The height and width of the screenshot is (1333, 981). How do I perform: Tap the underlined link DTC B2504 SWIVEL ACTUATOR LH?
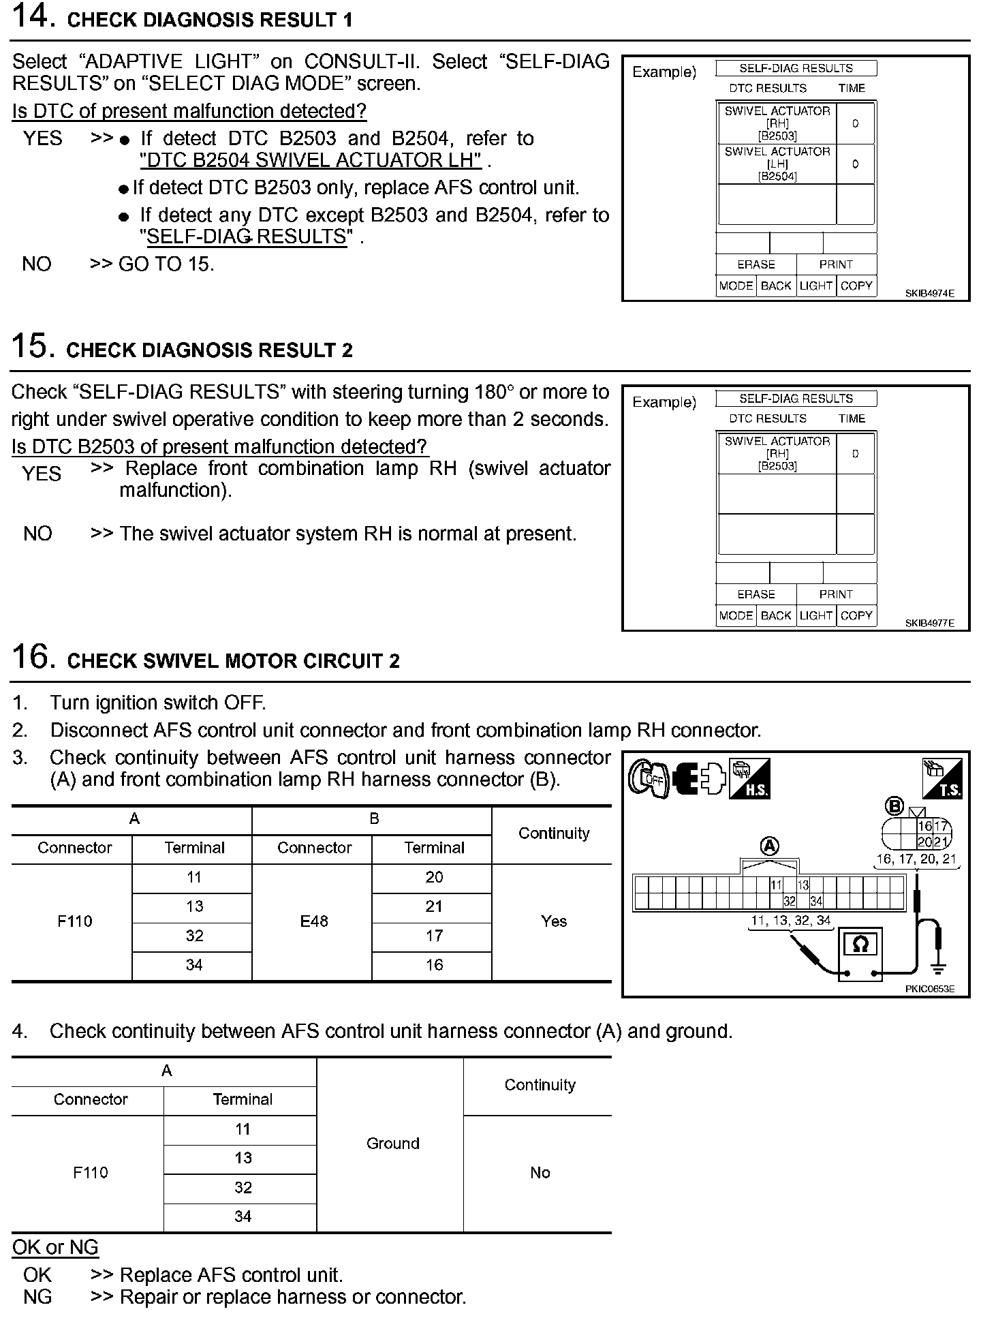(311, 161)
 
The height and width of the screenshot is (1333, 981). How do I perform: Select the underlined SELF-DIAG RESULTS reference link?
(247, 237)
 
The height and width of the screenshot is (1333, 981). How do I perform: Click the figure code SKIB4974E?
(929, 294)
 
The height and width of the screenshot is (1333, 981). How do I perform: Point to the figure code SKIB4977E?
(929, 623)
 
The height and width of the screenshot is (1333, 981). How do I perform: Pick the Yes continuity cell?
(553, 921)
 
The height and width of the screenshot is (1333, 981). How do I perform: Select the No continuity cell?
(540, 1173)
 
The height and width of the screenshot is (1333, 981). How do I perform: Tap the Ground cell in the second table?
(392, 1144)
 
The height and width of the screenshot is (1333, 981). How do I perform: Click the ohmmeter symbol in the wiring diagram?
(860, 945)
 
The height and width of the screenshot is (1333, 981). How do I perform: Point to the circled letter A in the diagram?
(769, 846)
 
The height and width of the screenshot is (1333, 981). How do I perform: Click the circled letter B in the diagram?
(894, 807)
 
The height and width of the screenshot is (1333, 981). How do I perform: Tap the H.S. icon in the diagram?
(749, 778)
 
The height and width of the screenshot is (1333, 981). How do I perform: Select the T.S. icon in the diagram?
(942, 778)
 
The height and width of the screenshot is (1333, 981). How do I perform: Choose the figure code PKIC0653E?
(929, 989)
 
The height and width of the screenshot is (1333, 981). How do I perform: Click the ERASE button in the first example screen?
(756, 264)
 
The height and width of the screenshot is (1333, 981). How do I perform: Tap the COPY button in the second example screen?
(856, 615)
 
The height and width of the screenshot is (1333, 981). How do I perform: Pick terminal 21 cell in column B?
(434, 906)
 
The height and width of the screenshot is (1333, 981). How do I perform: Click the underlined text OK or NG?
(55, 1247)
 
